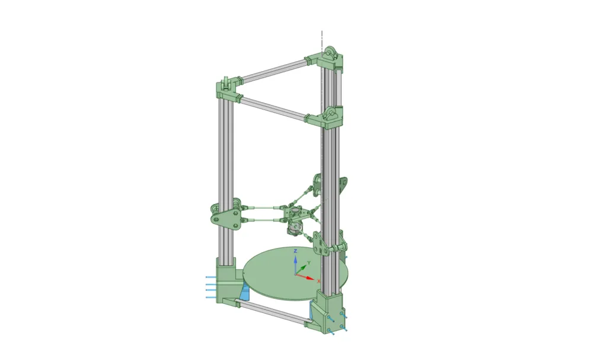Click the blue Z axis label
coord(295,251)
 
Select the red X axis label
coord(318,281)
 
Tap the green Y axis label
coord(309,263)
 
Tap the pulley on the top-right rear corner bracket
coord(331,53)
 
